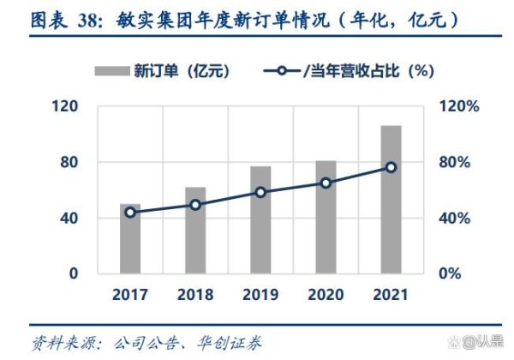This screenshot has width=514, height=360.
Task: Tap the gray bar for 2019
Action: (260, 221)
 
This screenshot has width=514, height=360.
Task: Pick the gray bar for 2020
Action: (326, 218)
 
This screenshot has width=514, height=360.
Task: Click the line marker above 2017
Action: (130, 212)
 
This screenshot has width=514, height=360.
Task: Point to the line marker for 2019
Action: (260, 192)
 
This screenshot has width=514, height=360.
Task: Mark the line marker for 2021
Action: (391, 167)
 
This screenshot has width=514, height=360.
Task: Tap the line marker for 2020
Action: (326, 183)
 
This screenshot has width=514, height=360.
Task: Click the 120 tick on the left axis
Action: (67, 106)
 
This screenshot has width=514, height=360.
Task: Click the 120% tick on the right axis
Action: (458, 106)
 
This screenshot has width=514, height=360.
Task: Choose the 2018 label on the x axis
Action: (195, 296)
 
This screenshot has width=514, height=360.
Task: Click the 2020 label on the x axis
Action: (326, 296)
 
